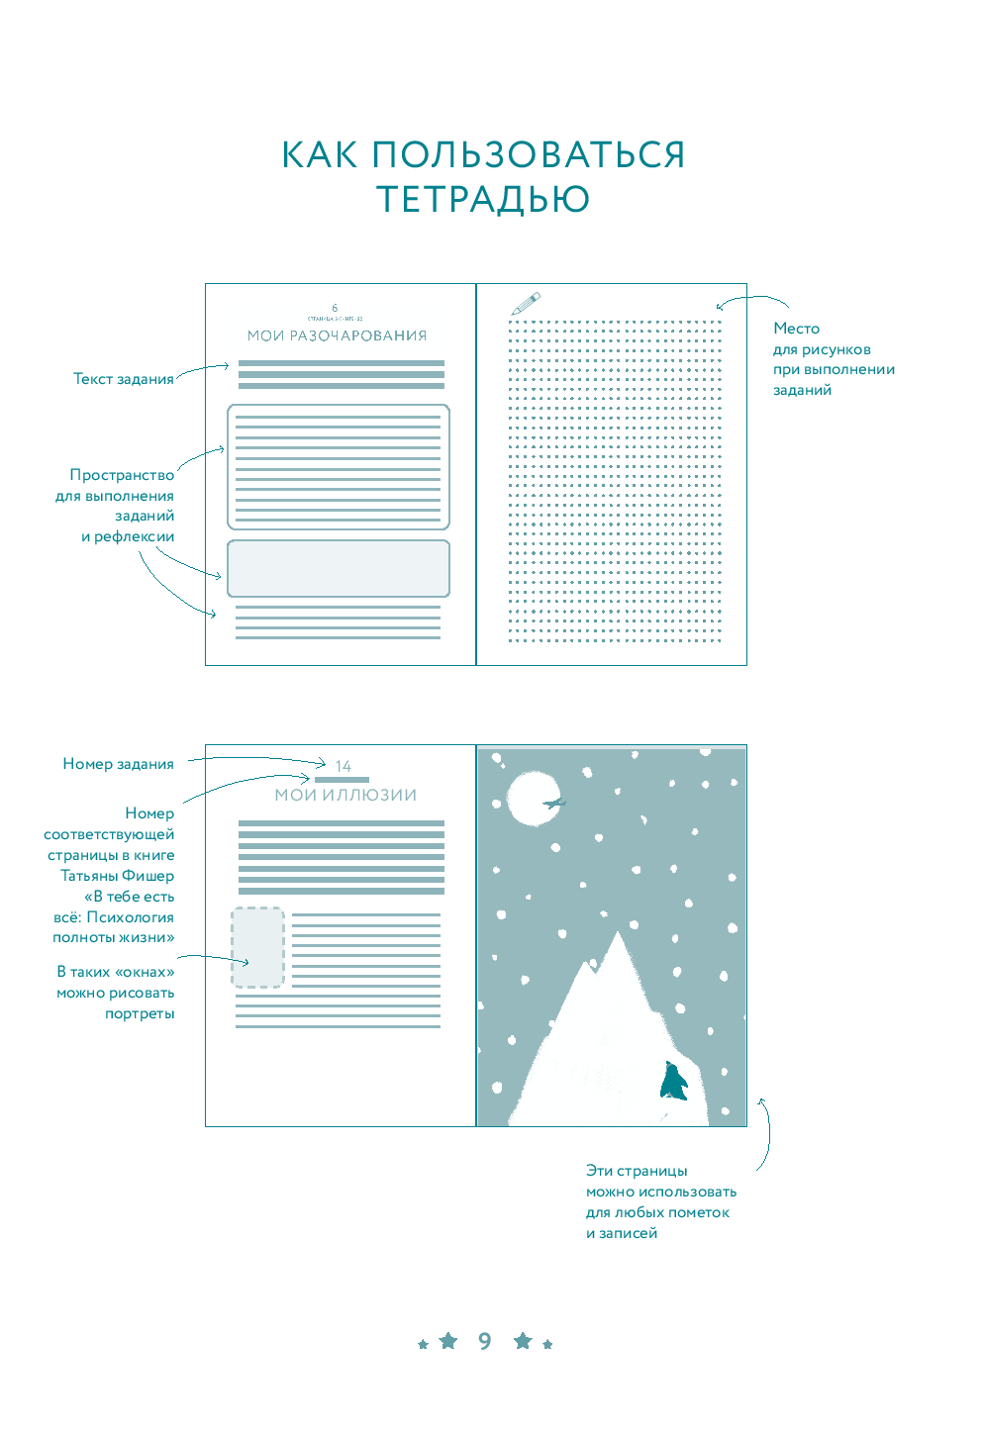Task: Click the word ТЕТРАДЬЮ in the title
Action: tap(483, 199)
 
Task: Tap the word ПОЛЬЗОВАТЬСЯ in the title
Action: tap(529, 155)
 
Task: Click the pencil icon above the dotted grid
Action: tap(526, 303)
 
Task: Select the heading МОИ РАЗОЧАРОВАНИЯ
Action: tap(337, 335)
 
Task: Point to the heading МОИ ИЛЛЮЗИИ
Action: tap(345, 795)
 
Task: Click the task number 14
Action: tap(344, 766)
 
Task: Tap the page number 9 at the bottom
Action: tap(484, 1341)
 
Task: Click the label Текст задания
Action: tap(123, 379)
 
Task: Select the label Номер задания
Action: tap(118, 764)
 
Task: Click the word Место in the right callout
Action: tap(796, 329)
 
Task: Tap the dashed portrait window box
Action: tap(257, 947)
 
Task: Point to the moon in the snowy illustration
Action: tap(532, 798)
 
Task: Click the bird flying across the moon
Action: tap(554, 803)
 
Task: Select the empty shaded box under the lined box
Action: tap(339, 568)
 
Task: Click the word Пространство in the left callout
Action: tap(122, 475)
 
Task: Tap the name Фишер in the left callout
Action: tap(148, 876)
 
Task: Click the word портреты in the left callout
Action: tap(140, 1013)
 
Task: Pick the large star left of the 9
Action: tap(448, 1340)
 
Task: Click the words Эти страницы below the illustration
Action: tap(637, 1171)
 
